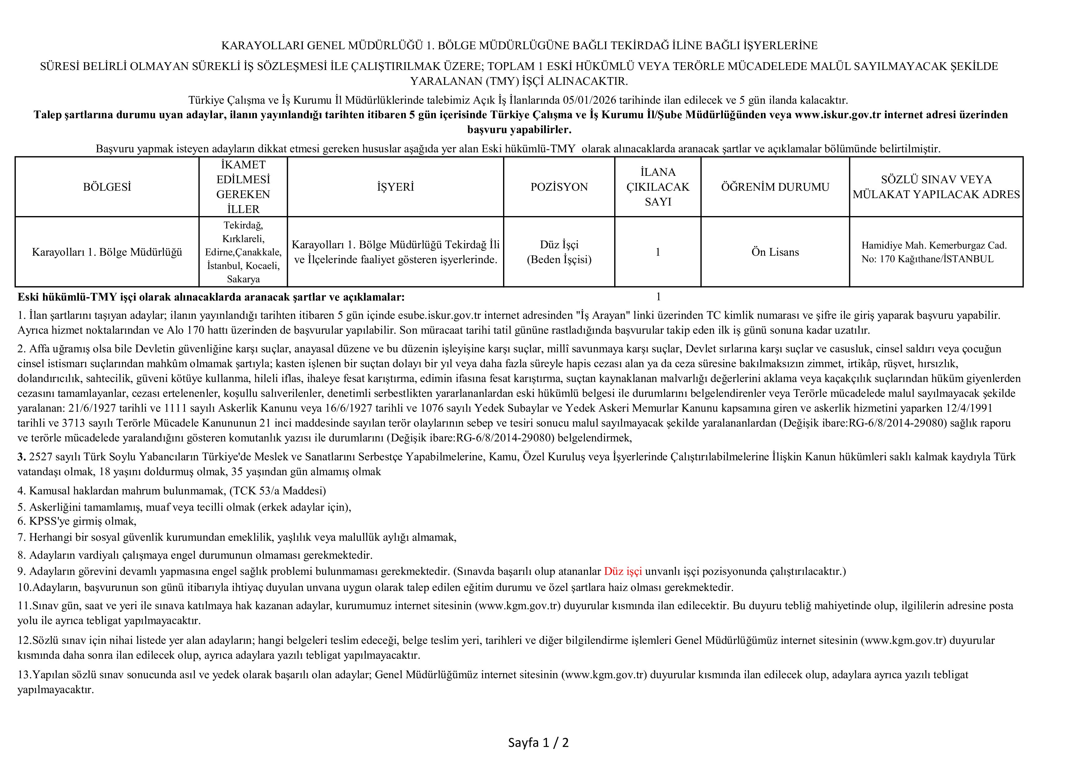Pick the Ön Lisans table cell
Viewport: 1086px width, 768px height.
(775, 252)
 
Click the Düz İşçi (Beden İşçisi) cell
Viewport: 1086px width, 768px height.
(559, 252)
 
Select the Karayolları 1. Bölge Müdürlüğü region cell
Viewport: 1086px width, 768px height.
(107, 252)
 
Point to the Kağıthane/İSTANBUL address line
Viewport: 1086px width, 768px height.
(927, 259)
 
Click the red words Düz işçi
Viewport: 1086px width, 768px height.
(623, 571)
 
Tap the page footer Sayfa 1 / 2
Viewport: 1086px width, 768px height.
(538, 743)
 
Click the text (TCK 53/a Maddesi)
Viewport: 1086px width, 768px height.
(278, 491)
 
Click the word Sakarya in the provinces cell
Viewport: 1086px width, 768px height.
(243, 279)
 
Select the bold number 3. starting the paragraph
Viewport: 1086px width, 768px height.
(22, 457)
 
